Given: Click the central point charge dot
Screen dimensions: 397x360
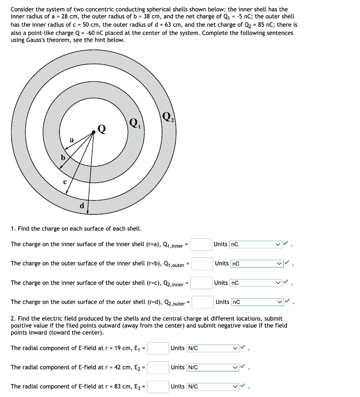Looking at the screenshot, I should pos(93,133).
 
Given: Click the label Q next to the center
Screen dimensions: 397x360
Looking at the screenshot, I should pos(102,128).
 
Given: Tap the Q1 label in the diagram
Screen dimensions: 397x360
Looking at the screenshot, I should pos(133,123).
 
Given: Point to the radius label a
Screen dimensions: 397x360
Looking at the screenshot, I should pos(71,140).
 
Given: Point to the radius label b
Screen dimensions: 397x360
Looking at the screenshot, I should pos(62,158).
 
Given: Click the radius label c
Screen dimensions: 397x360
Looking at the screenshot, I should pos(65,181).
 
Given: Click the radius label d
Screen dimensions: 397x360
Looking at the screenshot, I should pos(82,205).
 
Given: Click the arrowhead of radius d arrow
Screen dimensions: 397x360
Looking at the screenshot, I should pos(88,212).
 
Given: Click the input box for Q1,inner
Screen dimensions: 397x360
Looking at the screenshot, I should pos(201,245).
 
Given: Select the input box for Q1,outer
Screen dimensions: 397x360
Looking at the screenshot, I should pos(202,264).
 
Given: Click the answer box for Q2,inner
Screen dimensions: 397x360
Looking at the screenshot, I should pos(201,283).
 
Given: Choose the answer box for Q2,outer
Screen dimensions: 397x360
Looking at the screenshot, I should pos(202,302).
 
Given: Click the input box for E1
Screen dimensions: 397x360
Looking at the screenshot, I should pos(158,348).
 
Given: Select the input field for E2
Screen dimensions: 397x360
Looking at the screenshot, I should pos(158,367).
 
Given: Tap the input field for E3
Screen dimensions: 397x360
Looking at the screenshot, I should pos(158,387).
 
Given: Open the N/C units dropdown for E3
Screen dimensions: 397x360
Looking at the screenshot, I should pos(212,387).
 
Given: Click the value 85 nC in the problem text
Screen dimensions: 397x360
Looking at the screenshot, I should pos(251,24).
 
